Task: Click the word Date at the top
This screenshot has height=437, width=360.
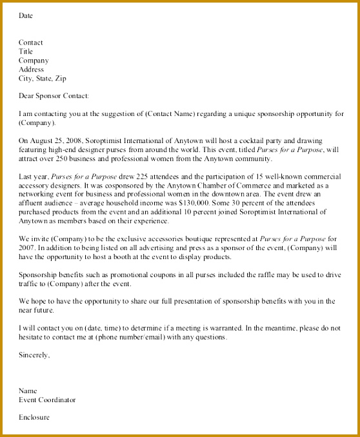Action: (x=26, y=15)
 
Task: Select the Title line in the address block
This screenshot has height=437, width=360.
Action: (x=26, y=52)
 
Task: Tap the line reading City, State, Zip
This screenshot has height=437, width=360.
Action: (x=41, y=79)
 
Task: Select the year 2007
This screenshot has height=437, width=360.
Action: (x=28, y=248)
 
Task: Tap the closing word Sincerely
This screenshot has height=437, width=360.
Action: (x=34, y=354)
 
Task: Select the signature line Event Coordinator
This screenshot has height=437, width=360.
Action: (x=47, y=400)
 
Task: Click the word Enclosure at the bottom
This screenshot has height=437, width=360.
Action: (x=34, y=417)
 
